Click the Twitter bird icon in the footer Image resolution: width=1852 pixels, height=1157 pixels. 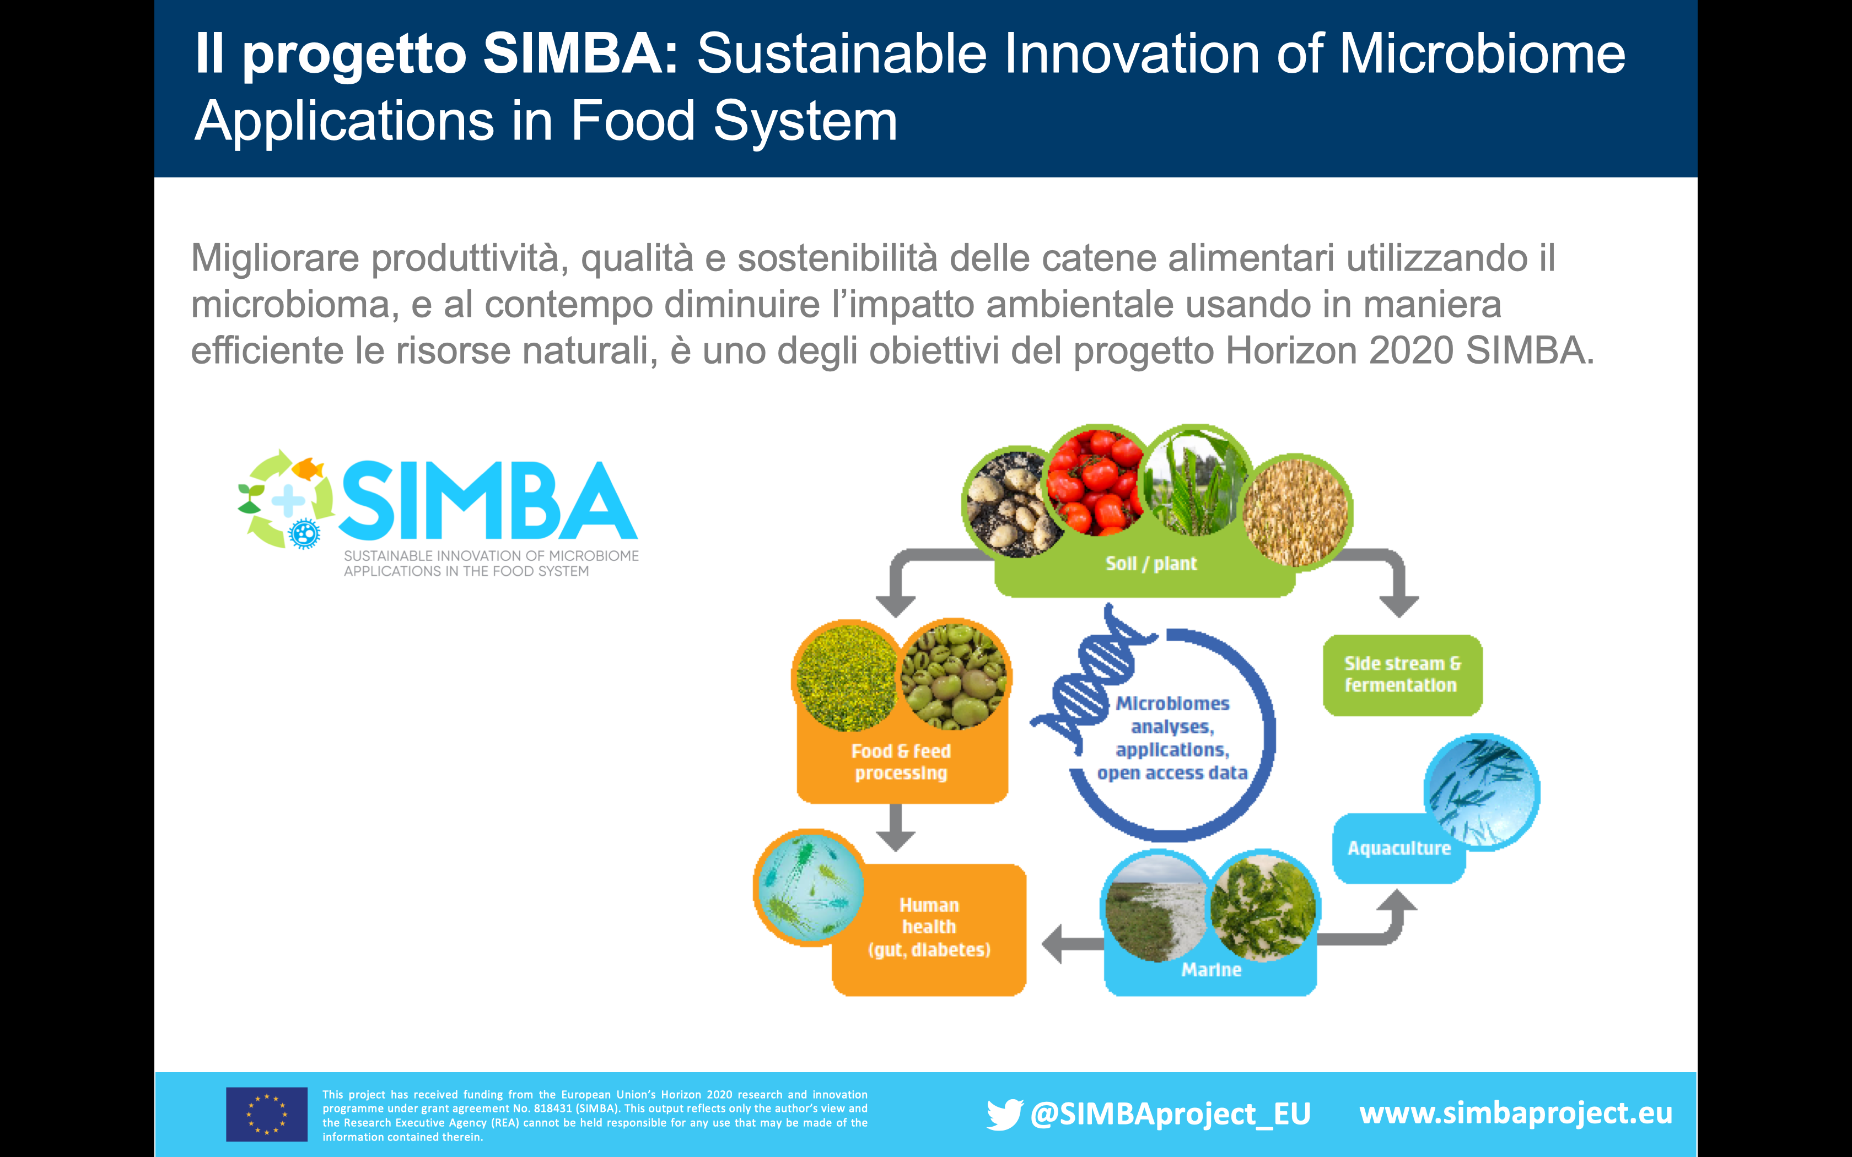tap(1004, 1114)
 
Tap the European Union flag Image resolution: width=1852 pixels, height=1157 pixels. tap(266, 1114)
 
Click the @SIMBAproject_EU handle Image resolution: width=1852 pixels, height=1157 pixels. tap(1170, 1114)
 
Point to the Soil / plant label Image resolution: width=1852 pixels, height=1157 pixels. tap(1151, 564)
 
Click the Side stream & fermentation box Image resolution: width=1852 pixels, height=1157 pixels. tap(1402, 675)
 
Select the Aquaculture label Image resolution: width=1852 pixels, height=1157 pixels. tap(1399, 848)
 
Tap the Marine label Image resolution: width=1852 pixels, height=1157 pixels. tap(1210, 970)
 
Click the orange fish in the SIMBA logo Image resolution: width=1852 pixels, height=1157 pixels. tap(308, 468)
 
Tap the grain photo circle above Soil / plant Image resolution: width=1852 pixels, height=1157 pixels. tap(1296, 512)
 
